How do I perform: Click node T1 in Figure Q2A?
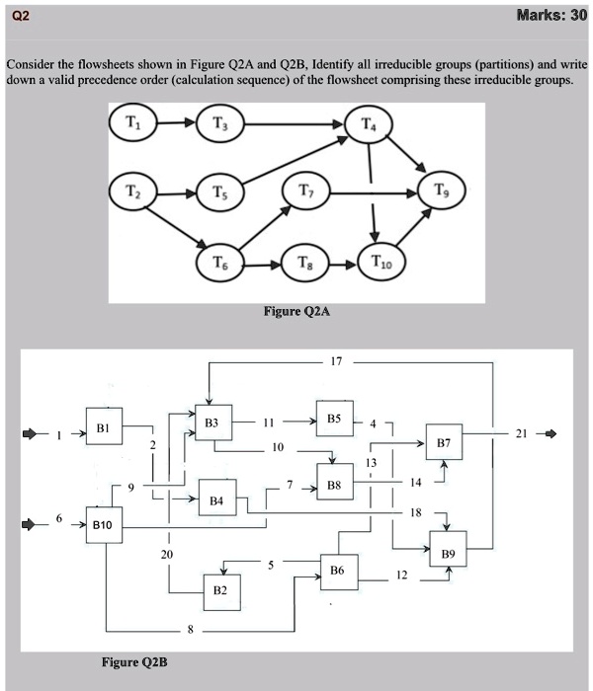click(x=132, y=125)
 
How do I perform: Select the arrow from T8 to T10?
click(x=338, y=264)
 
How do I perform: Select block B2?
click(x=219, y=589)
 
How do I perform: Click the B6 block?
click(x=338, y=572)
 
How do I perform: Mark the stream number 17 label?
click(x=338, y=361)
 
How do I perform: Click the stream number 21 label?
click(x=521, y=433)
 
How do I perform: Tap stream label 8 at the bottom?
click(x=191, y=629)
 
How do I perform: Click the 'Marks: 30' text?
click(x=551, y=16)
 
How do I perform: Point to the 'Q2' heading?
click(x=17, y=17)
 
